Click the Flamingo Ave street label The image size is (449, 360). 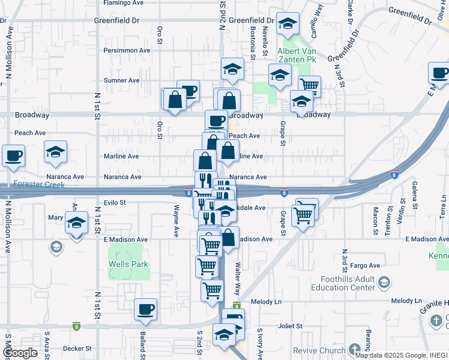(123, 3)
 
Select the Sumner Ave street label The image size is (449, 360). (122, 80)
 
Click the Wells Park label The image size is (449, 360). (128, 264)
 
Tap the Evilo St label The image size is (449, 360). (114, 203)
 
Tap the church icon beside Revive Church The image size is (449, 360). (355, 349)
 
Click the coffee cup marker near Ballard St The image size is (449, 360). (145, 310)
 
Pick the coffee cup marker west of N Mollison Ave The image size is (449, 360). (13, 156)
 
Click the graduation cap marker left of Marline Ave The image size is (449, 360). (55, 152)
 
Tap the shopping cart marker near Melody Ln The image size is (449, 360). (212, 290)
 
